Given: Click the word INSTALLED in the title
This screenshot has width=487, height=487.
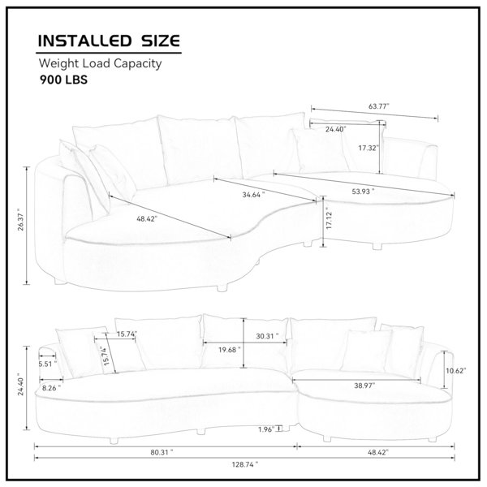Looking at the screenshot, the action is [x=84, y=41].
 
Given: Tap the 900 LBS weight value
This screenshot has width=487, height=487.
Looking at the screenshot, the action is [x=63, y=80].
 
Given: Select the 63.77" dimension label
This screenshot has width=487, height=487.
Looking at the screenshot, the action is [x=378, y=106].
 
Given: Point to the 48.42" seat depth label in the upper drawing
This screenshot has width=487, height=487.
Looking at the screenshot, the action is [x=147, y=218].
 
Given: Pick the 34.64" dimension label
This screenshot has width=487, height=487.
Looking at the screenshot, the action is [x=253, y=195].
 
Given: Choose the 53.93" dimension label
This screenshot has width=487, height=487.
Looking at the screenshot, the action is [x=363, y=192].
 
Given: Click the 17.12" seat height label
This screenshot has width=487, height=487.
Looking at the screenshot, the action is [x=330, y=220].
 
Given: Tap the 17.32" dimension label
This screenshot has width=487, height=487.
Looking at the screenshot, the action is [x=368, y=148].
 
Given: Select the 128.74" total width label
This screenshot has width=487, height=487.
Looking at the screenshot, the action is [x=245, y=464].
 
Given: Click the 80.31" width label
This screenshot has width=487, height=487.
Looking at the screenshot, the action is [x=162, y=453].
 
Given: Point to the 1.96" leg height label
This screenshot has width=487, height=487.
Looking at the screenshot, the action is [x=266, y=429].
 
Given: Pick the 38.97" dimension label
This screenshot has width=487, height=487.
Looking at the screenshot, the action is [x=364, y=386].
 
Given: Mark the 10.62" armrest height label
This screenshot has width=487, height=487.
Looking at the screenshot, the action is [x=456, y=371].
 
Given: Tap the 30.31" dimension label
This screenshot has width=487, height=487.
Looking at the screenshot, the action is [x=267, y=336].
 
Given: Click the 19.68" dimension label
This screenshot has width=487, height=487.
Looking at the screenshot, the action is [x=229, y=350].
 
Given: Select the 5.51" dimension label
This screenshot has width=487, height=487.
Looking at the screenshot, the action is [x=48, y=364].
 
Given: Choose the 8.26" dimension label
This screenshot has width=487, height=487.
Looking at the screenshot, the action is [x=52, y=388].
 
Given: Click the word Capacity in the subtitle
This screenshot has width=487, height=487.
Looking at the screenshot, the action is [x=137, y=63].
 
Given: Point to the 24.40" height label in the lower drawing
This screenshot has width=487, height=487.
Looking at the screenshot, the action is [x=20, y=384].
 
